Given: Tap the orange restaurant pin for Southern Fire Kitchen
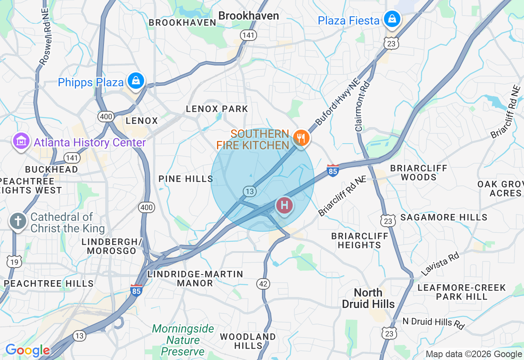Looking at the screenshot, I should pos(301,138).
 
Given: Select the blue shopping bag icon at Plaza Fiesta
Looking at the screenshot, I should pos(392,19).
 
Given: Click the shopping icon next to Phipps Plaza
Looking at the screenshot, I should pos(136,81).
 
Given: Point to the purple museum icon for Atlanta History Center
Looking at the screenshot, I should pos(21,142).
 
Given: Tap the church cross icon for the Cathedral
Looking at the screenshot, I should pos(18,221).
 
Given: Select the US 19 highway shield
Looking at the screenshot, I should pos(14,261).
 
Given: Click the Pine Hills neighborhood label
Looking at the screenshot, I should pos(186,179).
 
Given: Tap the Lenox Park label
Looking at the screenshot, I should pos(217,109).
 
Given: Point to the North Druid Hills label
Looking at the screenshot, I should pos(368,298).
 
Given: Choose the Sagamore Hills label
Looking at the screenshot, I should pos(444,217).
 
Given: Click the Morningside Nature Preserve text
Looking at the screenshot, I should pos(183,340).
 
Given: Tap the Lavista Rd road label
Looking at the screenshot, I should pos(440,264).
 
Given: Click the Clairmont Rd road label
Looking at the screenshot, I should pos(363,106).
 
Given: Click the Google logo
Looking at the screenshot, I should pos(27,351).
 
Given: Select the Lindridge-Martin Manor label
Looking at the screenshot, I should pos(195,279).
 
